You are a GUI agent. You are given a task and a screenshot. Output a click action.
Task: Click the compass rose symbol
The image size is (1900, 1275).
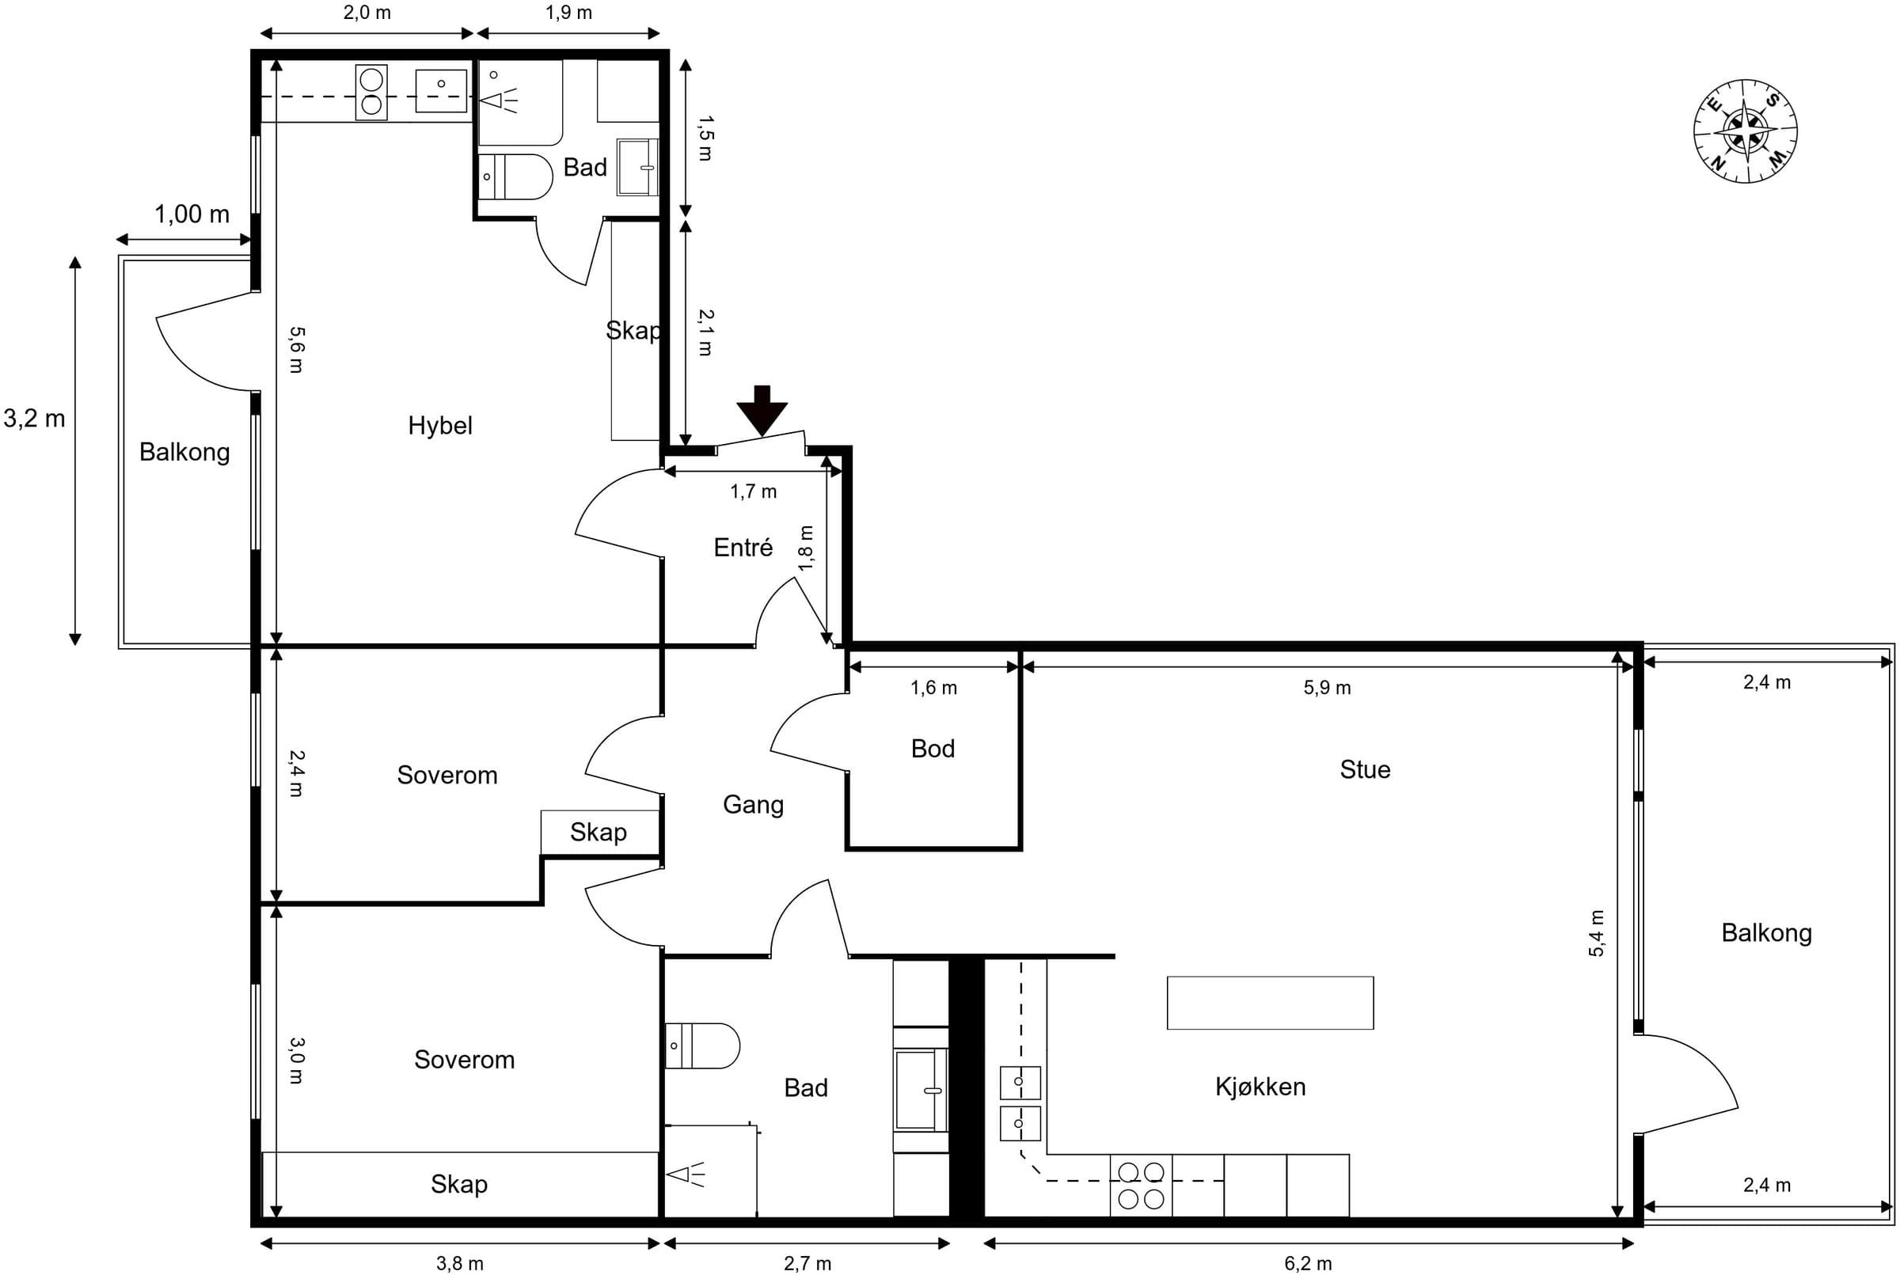1746,131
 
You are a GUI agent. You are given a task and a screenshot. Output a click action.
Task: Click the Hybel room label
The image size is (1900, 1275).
440,425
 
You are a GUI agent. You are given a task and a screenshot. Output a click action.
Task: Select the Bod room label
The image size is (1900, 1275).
933,748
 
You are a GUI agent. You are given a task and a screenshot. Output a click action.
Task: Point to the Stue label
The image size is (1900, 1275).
1365,769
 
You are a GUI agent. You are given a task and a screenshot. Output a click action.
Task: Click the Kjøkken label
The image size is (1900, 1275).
1260,1087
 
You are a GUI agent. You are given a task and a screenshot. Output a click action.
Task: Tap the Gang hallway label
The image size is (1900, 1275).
753,805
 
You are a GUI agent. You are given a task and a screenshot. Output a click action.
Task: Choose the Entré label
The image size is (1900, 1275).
743,547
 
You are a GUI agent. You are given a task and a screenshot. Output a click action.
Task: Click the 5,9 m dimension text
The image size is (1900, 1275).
1327,688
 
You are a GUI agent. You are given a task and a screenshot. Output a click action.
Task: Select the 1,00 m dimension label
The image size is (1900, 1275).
192,214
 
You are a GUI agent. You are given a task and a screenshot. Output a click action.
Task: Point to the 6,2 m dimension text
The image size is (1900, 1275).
1308,1263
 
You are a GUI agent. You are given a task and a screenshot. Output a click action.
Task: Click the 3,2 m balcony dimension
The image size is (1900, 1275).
34,418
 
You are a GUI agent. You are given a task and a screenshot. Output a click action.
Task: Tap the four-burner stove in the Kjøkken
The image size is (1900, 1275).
1140,1185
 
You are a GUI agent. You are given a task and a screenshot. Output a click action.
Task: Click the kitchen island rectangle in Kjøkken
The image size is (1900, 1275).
1270,1003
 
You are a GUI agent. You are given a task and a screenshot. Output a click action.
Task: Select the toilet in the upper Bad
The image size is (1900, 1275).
515,176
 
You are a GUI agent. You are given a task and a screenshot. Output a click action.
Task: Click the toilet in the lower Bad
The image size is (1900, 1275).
703,1045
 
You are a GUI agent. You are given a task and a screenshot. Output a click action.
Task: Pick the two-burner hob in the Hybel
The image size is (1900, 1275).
370,93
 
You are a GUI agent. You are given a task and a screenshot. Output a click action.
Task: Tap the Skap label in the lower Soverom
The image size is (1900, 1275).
458,1184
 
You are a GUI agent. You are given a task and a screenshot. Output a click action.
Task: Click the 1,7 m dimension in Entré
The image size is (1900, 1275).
753,491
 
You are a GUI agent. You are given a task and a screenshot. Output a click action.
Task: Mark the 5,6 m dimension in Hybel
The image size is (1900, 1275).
297,350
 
